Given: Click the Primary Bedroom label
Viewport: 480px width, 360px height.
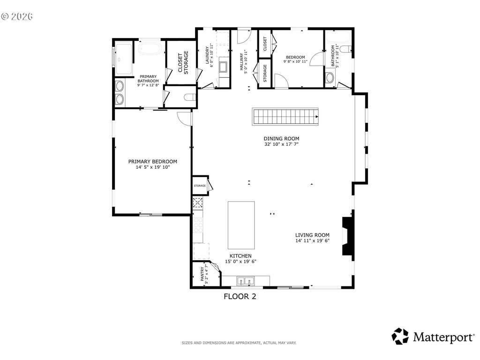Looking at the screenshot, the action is (x=152, y=162).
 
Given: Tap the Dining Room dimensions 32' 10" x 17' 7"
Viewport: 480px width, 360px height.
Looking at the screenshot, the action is (x=281, y=144).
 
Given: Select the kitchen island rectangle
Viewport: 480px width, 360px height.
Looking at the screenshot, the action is (x=241, y=225).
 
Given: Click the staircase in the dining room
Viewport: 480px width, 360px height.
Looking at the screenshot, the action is (x=285, y=117).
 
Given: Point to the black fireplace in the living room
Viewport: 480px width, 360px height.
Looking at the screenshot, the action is (x=348, y=236).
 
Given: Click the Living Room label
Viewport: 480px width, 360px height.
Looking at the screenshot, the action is (x=312, y=235).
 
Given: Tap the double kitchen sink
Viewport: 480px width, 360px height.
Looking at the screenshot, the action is (x=246, y=281).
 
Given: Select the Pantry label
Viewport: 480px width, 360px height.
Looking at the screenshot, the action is (x=202, y=274).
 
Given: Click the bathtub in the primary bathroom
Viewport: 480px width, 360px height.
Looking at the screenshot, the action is (x=150, y=48).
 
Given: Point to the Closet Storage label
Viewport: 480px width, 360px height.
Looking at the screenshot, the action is (x=183, y=62).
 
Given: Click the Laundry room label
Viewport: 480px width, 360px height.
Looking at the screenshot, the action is (x=207, y=55).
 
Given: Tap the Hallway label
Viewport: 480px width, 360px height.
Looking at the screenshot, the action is (x=241, y=61).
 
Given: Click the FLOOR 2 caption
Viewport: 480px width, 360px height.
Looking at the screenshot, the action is (x=240, y=296).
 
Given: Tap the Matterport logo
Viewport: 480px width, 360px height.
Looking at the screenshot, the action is (x=433, y=337).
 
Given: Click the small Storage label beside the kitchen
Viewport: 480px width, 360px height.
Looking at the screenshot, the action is (x=200, y=186).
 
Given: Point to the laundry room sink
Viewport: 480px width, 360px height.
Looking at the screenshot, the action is (x=223, y=67).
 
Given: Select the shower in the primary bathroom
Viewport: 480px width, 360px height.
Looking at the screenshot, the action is (x=124, y=60).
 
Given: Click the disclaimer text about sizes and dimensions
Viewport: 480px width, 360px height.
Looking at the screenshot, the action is (x=239, y=343).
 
